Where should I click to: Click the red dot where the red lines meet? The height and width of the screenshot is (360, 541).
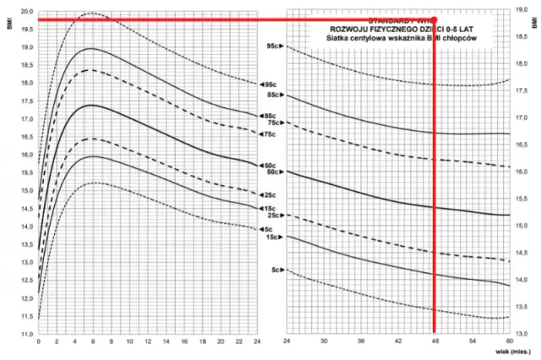tap(434, 19)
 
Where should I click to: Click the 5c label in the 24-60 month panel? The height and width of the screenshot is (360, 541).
tap(276, 270)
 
